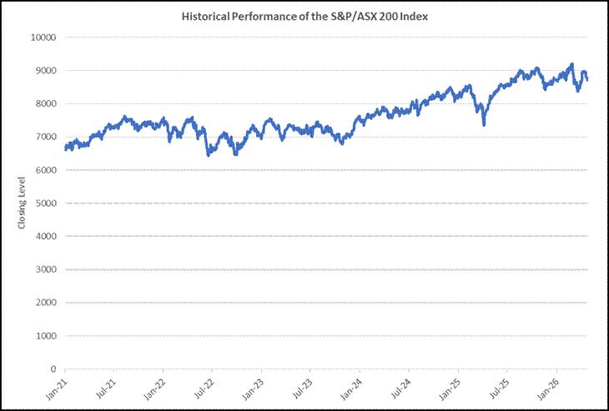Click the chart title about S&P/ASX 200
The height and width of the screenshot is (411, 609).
tap(304, 17)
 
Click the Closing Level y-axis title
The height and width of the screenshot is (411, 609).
tap(22, 203)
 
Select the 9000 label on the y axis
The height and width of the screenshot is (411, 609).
tap(48, 71)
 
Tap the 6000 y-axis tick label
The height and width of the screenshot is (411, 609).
tap(48, 170)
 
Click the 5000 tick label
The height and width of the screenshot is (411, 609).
tap(48, 203)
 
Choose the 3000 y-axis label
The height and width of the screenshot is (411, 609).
tap(48, 269)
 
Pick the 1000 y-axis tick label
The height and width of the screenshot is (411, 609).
tap(48, 336)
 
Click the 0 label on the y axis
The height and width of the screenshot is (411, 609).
tap(53, 369)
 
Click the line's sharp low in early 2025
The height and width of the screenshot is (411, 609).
tap(484, 125)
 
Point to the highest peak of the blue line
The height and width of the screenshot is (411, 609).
tap(571, 64)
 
